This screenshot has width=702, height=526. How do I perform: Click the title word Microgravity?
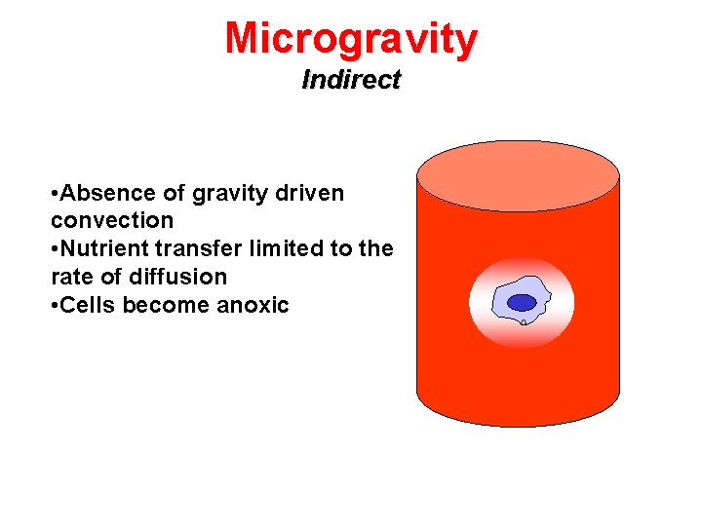[351, 38]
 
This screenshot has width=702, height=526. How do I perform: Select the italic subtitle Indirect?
[351, 80]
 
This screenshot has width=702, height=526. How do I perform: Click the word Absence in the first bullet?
[100, 193]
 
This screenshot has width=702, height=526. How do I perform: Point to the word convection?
[112, 220]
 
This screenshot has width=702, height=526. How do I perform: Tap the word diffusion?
[178, 277]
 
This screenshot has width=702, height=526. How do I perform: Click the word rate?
[70, 277]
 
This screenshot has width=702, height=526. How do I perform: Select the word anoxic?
[253, 305]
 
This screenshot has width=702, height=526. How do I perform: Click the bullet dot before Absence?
[55, 193]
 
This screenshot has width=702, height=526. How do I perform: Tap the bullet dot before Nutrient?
[55, 248]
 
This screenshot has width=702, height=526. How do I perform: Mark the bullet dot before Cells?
[55, 305]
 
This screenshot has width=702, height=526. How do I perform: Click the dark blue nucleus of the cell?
[523, 302]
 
